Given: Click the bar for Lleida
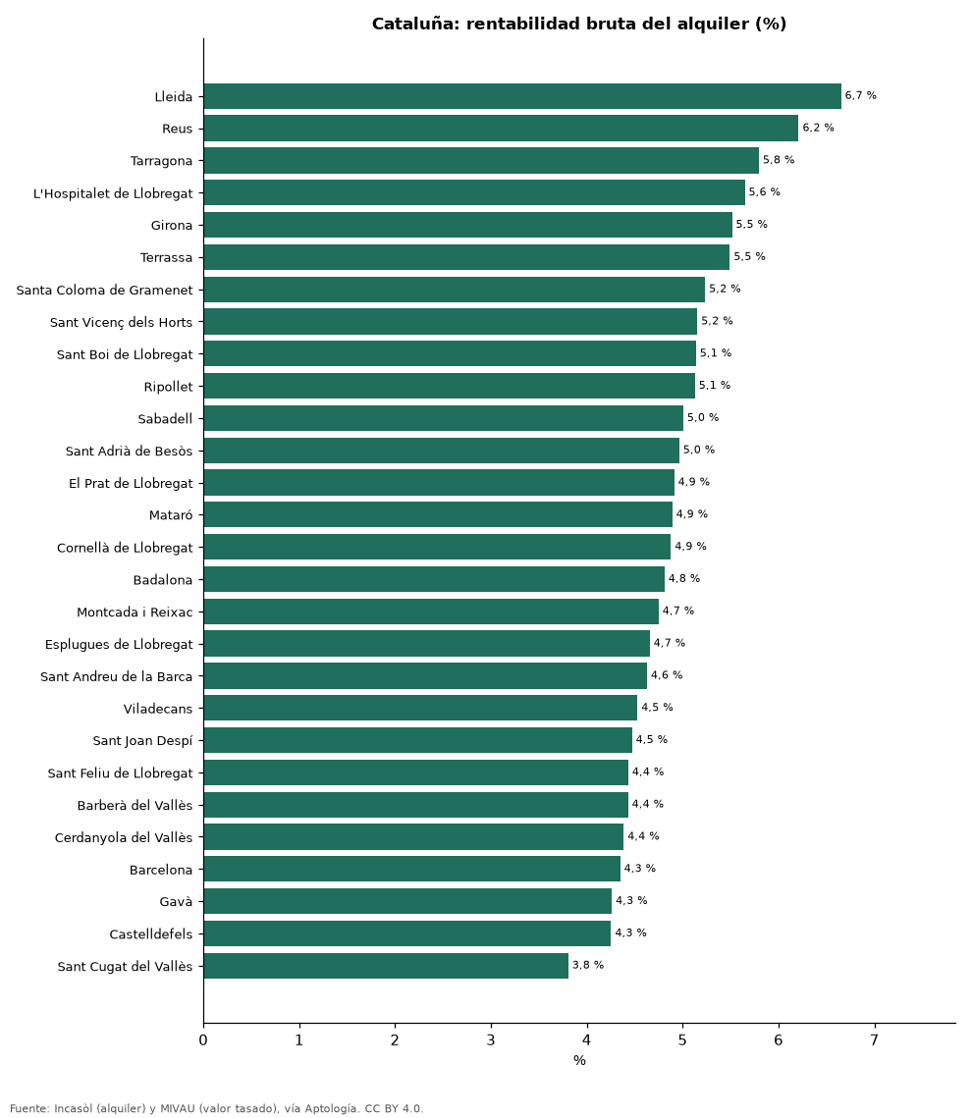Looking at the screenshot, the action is [522, 96].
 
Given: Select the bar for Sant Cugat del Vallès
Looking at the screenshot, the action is [386, 966].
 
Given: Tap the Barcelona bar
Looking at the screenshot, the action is [412, 869].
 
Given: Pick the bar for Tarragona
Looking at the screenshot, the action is [481, 160].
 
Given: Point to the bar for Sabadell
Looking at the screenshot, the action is [444, 418].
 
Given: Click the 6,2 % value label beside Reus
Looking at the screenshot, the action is [818, 128].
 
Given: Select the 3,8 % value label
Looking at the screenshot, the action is [588, 965].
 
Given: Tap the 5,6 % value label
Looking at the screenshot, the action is [765, 191].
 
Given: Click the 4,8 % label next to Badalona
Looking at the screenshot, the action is [684, 578].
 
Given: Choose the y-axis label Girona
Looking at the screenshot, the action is [172, 226].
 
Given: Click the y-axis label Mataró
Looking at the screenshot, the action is [171, 514].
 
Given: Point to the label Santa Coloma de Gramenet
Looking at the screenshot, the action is [105, 291].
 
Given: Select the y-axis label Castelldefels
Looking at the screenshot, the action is [151, 934].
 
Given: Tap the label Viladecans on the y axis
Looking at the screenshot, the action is [158, 709].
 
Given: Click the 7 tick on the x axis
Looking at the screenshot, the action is [874, 1040].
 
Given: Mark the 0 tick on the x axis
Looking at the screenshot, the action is [203, 1040].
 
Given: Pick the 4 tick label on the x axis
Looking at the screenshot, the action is [587, 1040].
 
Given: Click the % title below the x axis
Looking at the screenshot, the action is [580, 1061].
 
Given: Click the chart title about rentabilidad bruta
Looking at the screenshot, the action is [579, 24].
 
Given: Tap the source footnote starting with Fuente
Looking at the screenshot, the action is [217, 1109].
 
